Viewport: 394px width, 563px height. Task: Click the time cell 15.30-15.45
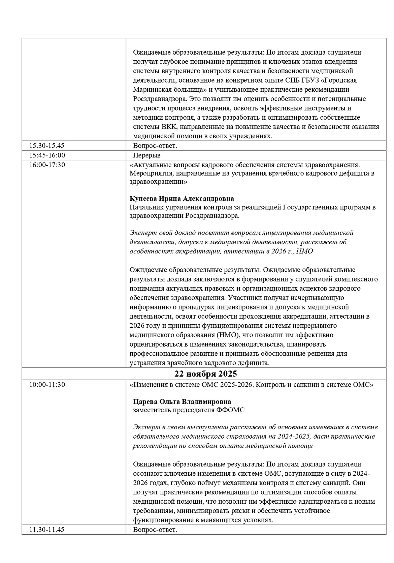(47, 146)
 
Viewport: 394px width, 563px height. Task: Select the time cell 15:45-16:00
(47, 155)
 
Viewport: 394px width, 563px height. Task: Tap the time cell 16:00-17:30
(47, 165)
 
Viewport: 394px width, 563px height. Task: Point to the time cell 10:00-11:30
(47, 384)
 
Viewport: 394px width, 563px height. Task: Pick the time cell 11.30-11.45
(47, 529)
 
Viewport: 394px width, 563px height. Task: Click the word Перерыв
(147, 155)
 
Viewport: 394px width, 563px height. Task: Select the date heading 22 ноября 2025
(205, 374)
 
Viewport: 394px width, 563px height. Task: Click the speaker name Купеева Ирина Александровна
(182, 199)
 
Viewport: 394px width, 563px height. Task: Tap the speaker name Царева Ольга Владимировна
(182, 402)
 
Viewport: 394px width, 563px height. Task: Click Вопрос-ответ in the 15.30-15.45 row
(155, 146)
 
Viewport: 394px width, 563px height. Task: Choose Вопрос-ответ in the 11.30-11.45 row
(155, 529)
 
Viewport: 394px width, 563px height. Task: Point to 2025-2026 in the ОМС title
(236, 384)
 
